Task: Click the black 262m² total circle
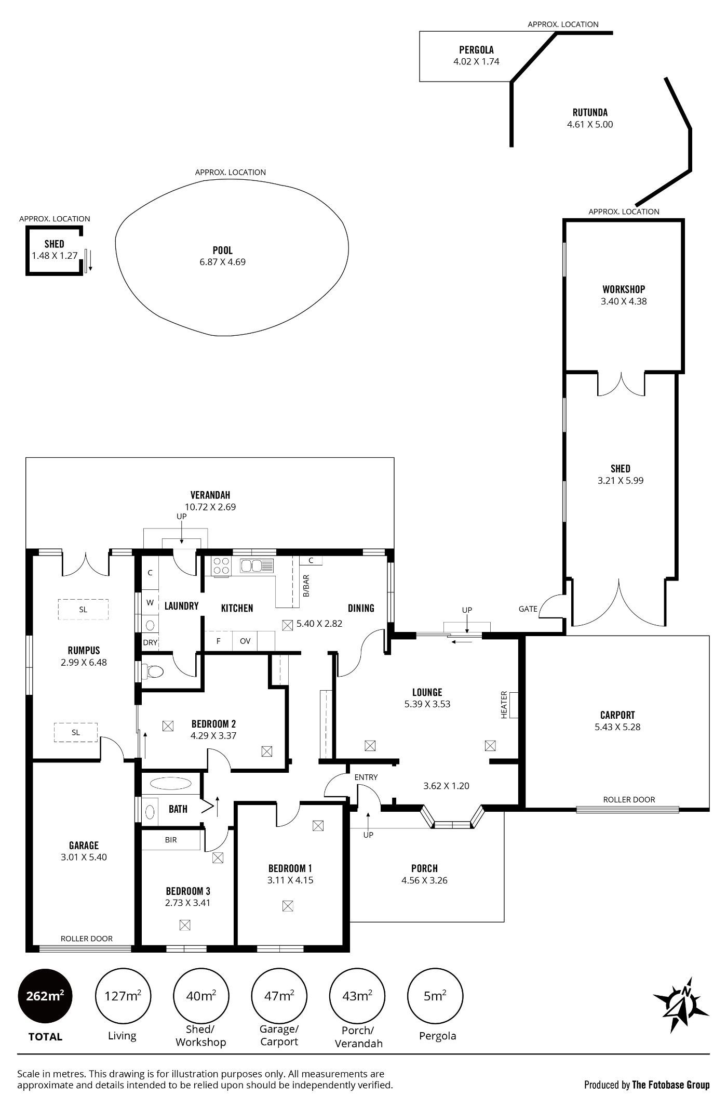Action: click(x=46, y=996)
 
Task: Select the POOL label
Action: click(x=223, y=250)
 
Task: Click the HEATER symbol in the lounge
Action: click(x=514, y=705)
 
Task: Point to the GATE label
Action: click(x=528, y=609)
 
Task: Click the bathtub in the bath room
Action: click(x=170, y=783)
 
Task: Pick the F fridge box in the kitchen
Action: click(x=219, y=641)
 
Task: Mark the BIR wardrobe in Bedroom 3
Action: click(x=171, y=839)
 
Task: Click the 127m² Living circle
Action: click(x=123, y=996)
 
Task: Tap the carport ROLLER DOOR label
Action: click(x=629, y=799)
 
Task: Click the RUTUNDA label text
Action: click(x=590, y=112)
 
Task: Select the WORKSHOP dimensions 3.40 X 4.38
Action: click(x=624, y=301)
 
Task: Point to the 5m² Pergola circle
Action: click(x=435, y=996)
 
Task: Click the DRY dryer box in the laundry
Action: click(x=150, y=642)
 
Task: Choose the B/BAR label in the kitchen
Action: click(x=306, y=585)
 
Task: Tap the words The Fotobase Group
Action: click(x=670, y=1085)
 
